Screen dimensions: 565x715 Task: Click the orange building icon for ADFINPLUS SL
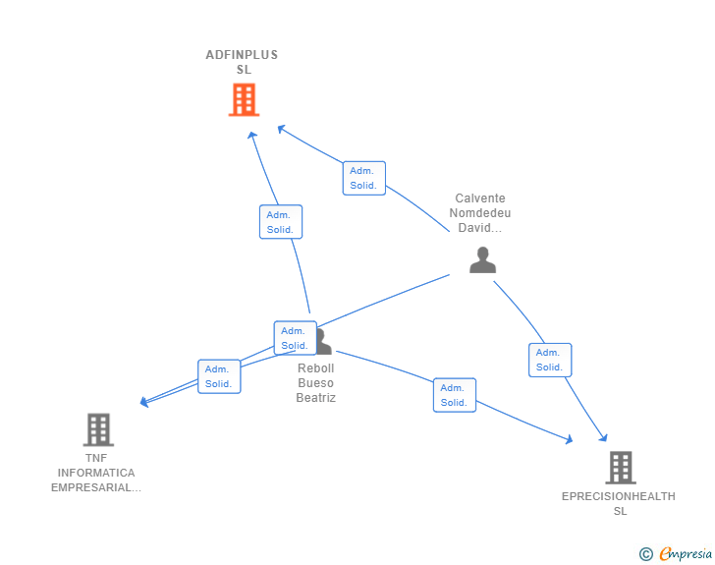tap(244, 99)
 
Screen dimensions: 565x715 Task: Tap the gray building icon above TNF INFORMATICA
tap(98, 429)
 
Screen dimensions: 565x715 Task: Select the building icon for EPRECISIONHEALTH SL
tap(620, 468)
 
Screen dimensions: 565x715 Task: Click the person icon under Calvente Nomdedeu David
tap(482, 260)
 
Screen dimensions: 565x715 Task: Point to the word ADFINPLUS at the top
tap(242, 55)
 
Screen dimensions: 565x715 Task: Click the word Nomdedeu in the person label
tap(480, 213)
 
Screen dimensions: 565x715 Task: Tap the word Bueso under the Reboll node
tap(316, 383)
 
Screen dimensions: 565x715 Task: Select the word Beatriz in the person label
tap(316, 398)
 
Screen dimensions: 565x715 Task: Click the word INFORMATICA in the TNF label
tap(96, 473)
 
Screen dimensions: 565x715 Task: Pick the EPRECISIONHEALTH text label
tap(619, 496)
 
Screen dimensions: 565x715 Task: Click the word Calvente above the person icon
tap(480, 198)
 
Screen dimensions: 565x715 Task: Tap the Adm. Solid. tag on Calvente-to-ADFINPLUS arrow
tap(363, 178)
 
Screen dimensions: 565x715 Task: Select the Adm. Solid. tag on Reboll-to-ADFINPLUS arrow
tap(281, 222)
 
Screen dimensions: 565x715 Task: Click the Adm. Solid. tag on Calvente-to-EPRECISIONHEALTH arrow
tap(549, 360)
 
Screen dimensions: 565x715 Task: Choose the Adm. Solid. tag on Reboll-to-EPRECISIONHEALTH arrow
tap(454, 395)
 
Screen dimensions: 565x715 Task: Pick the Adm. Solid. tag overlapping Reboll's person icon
tap(295, 338)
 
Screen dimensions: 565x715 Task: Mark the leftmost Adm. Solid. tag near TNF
tap(219, 376)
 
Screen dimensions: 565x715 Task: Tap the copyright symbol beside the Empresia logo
tap(646, 554)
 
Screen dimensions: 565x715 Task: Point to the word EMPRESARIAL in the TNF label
tap(96, 487)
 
